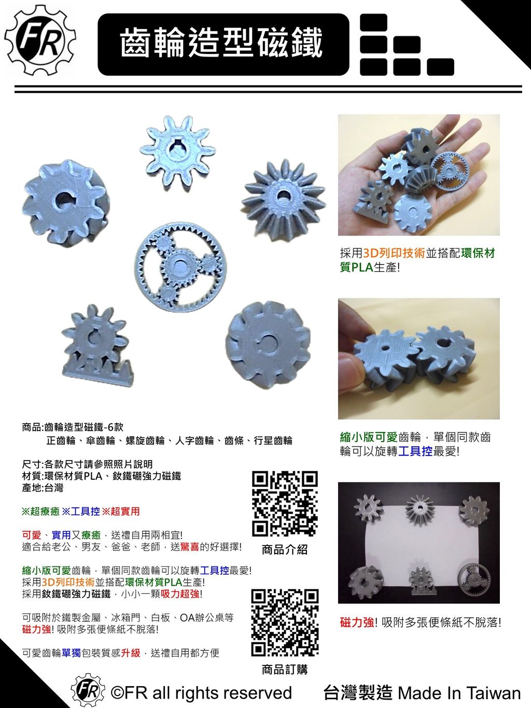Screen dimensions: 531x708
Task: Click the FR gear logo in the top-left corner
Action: [x=40, y=40]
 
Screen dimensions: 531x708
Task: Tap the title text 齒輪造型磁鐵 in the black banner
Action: [x=221, y=43]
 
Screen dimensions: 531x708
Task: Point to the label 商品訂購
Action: [x=285, y=669]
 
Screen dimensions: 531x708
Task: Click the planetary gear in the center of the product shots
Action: [x=180, y=267]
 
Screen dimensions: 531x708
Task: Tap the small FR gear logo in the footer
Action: [x=88, y=690]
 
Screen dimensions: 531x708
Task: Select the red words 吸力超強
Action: [x=180, y=594]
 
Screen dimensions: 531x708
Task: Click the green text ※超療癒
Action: [x=40, y=511]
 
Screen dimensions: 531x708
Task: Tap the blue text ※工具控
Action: [x=80, y=511]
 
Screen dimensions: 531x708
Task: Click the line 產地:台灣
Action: [x=42, y=488]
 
